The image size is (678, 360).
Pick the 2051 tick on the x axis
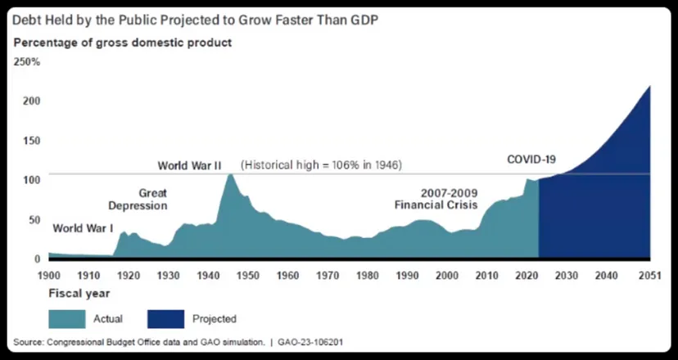[650, 275]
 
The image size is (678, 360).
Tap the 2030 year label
[565, 275]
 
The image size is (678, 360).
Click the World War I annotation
[83, 228]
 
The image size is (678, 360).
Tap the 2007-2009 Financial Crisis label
[436, 199]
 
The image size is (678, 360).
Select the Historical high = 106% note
[322, 164]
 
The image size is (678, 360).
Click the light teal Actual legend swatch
[73, 317]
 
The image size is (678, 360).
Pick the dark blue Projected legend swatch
[171, 317]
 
